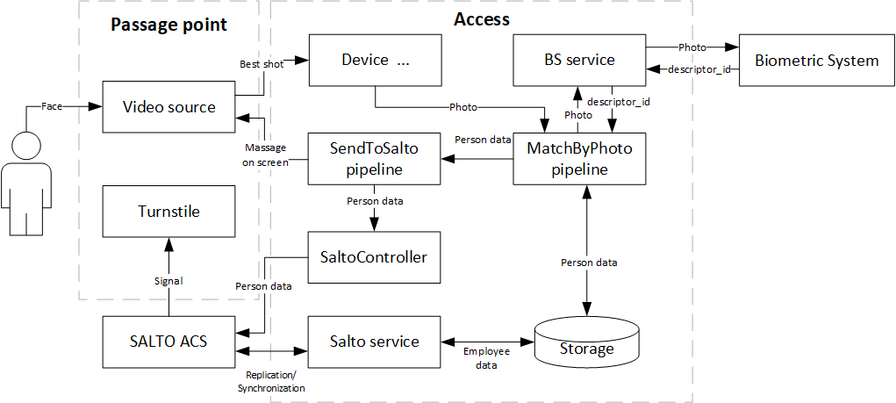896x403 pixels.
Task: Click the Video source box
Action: coord(168,107)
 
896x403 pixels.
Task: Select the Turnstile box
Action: coord(168,212)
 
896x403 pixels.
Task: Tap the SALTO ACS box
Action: coord(168,341)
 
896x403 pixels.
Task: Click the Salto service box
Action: coord(374,341)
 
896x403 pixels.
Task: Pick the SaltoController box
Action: coord(374,257)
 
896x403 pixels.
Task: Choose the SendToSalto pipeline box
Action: coord(374,159)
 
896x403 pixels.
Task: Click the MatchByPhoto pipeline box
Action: coord(579,159)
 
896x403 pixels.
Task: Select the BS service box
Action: coord(579,60)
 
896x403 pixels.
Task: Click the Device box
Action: coord(374,60)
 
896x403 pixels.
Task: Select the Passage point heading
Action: coord(168,24)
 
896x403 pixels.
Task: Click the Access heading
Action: coord(481,19)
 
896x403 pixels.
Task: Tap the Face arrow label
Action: coord(52,107)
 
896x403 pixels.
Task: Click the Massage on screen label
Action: coord(266,155)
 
